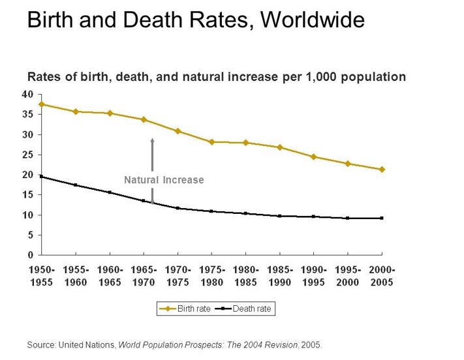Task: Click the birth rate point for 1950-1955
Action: (42, 104)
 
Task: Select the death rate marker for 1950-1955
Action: (42, 176)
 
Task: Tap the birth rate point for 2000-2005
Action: (382, 169)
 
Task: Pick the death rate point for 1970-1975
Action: (178, 208)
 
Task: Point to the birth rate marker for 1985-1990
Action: (279, 147)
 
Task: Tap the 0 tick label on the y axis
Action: (30, 254)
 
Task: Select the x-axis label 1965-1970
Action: (144, 275)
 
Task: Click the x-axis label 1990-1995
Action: (313, 275)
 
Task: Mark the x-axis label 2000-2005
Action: (382, 275)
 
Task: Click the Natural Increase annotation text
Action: (164, 180)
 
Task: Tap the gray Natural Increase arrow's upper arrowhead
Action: (152, 140)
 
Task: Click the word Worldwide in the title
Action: (313, 20)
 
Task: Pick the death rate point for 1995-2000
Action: (348, 218)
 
